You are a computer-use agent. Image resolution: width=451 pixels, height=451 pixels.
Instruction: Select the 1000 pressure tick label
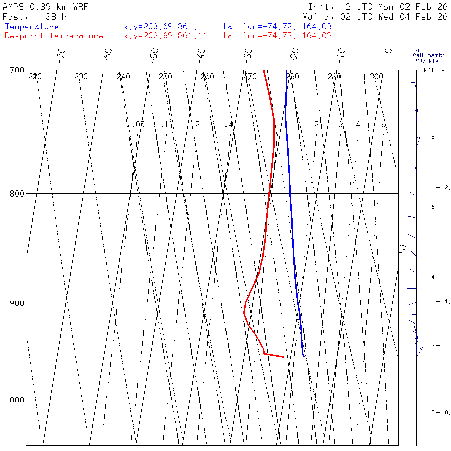[x=15, y=400]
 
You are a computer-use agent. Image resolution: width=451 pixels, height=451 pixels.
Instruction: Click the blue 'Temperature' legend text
[x=32, y=27]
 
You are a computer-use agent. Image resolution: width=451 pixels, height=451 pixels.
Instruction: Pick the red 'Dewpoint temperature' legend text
[x=54, y=36]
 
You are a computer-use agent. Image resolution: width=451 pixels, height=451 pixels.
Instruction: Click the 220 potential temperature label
[x=35, y=77]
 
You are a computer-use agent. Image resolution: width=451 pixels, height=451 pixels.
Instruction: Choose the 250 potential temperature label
[x=165, y=77]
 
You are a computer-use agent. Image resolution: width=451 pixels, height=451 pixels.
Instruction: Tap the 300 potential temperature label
[x=376, y=77]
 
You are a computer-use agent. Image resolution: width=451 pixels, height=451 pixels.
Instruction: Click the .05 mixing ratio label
[x=139, y=124]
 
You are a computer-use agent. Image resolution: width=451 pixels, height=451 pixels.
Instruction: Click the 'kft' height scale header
[x=429, y=70]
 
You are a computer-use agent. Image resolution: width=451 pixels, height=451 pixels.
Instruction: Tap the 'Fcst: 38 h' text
[x=34, y=16]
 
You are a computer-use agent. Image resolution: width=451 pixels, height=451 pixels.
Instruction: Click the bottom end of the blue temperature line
[x=304, y=356]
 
